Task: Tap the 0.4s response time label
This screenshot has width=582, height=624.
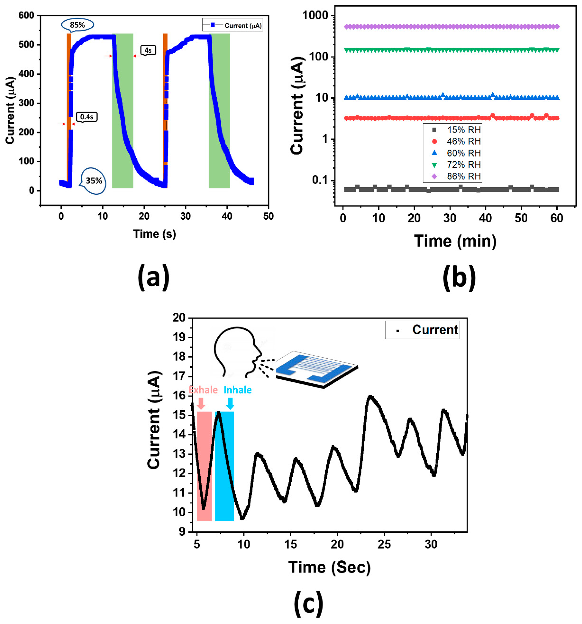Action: coord(87,117)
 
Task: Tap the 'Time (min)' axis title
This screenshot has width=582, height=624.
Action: coord(455,241)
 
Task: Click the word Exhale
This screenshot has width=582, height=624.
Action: coord(203,390)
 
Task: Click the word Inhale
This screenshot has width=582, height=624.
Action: coord(238,390)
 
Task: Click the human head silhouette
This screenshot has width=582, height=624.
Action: coord(237,352)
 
